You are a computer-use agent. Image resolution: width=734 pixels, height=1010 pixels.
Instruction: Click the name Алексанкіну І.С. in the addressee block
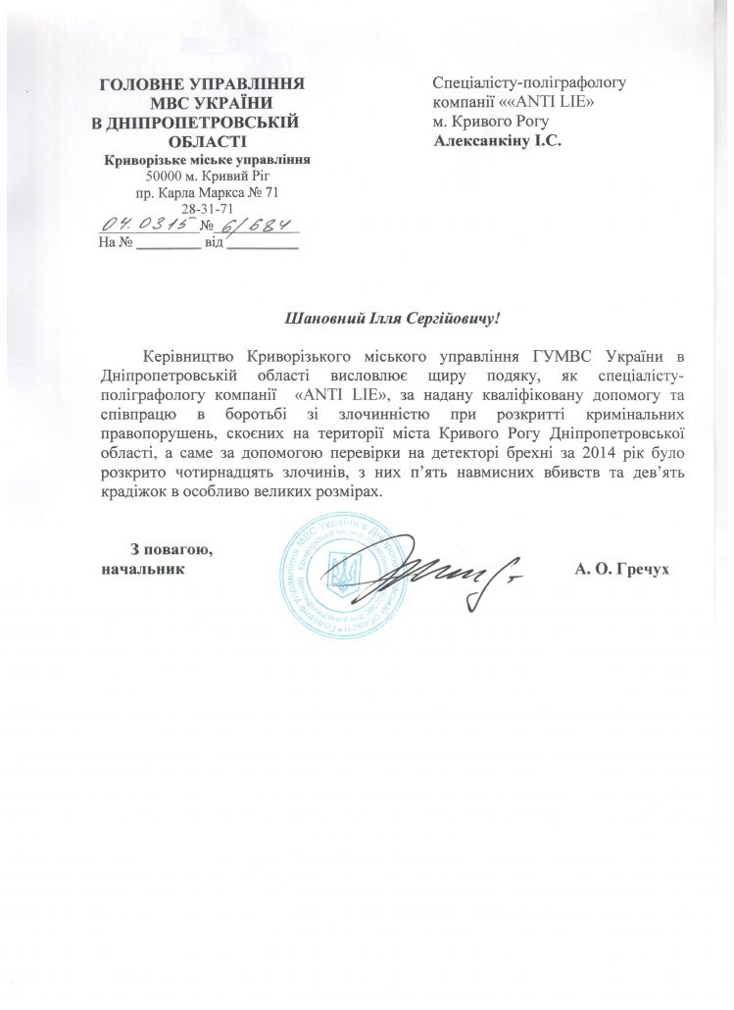click(499, 139)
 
